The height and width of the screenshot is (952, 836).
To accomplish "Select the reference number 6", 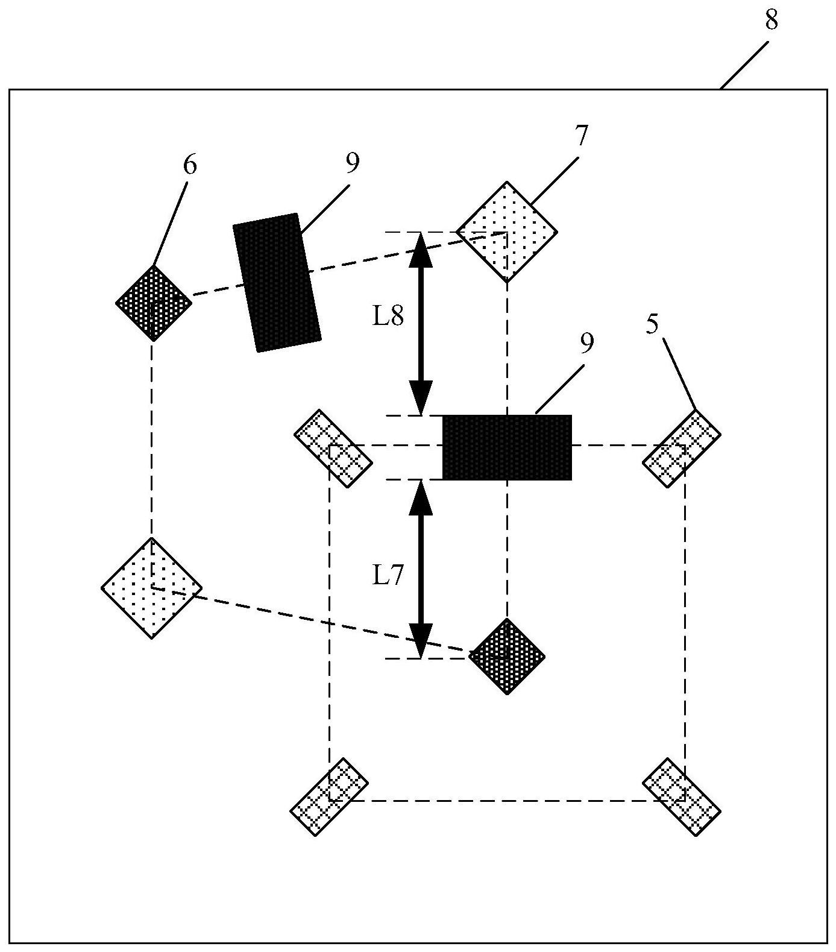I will click(189, 165).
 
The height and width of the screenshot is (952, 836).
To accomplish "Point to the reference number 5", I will click(652, 325).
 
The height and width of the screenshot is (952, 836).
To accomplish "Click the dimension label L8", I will click(387, 317).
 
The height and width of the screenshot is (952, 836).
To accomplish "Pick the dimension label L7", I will click(387, 576).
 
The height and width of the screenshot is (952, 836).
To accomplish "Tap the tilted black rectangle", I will click(276, 282).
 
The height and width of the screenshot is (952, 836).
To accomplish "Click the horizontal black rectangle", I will click(507, 447).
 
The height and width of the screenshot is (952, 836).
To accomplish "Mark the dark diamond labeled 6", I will click(154, 303).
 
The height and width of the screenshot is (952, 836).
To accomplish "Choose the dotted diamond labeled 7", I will click(507, 232).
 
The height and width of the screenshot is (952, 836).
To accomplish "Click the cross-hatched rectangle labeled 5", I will click(681, 449).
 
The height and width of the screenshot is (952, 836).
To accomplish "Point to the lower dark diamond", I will click(507, 656).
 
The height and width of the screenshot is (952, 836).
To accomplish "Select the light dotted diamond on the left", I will click(151, 587).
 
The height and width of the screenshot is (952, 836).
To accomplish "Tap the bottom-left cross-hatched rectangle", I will click(329, 796).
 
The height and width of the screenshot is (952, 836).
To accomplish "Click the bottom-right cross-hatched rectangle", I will click(681, 796).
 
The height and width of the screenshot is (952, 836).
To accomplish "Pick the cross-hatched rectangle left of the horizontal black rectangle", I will click(333, 449).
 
